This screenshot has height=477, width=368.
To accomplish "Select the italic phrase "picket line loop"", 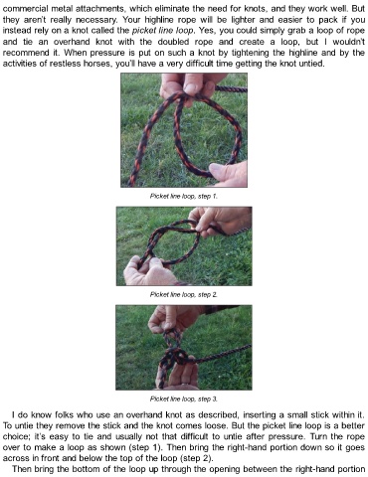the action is [162, 31].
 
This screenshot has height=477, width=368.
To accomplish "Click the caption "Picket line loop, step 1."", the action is [184, 196].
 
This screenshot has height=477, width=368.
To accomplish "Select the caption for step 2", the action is [184, 294].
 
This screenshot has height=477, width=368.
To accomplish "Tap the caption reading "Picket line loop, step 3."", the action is [184, 398].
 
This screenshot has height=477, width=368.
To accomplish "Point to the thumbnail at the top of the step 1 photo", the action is [191, 88].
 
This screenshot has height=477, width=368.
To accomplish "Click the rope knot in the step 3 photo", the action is [176, 359].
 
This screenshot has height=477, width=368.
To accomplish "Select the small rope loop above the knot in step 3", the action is [173, 338].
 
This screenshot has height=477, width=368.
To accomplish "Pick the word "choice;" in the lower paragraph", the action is [17, 436].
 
